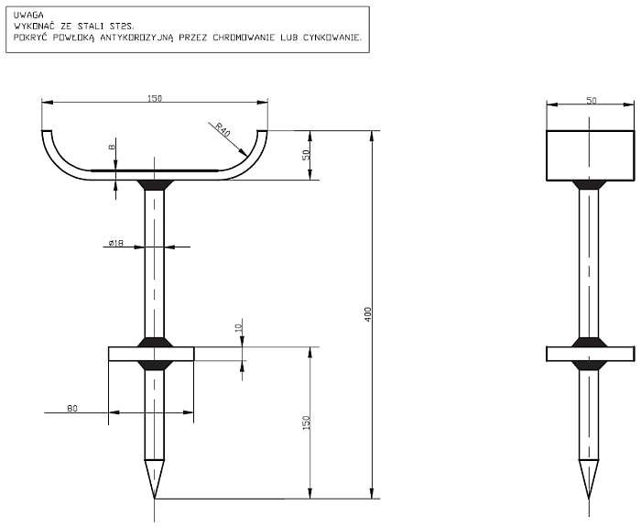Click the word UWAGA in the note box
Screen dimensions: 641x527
point(28,16)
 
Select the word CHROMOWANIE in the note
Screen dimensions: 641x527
point(244,38)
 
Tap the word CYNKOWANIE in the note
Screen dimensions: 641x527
point(332,38)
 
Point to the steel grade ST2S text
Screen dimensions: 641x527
point(122,27)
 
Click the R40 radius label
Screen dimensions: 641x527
point(223,129)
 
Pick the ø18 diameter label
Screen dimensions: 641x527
point(116,243)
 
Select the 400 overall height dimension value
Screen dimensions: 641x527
point(368,314)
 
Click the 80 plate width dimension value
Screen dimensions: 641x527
point(72,409)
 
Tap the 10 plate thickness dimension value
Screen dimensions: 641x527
point(239,327)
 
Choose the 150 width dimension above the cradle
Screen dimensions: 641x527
point(155,99)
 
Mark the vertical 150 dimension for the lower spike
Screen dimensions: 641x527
point(307,423)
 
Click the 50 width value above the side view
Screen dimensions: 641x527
point(592,101)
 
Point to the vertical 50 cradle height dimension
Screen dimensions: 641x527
point(307,155)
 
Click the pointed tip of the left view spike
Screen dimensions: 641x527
point(155,499)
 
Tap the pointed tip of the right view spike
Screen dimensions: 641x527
point(589,499)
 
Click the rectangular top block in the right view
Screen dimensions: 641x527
point(591,156)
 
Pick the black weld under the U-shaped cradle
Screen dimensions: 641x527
point(155,185)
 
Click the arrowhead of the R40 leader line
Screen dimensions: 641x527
point(244,153)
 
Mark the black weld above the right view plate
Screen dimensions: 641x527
point(589,342)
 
